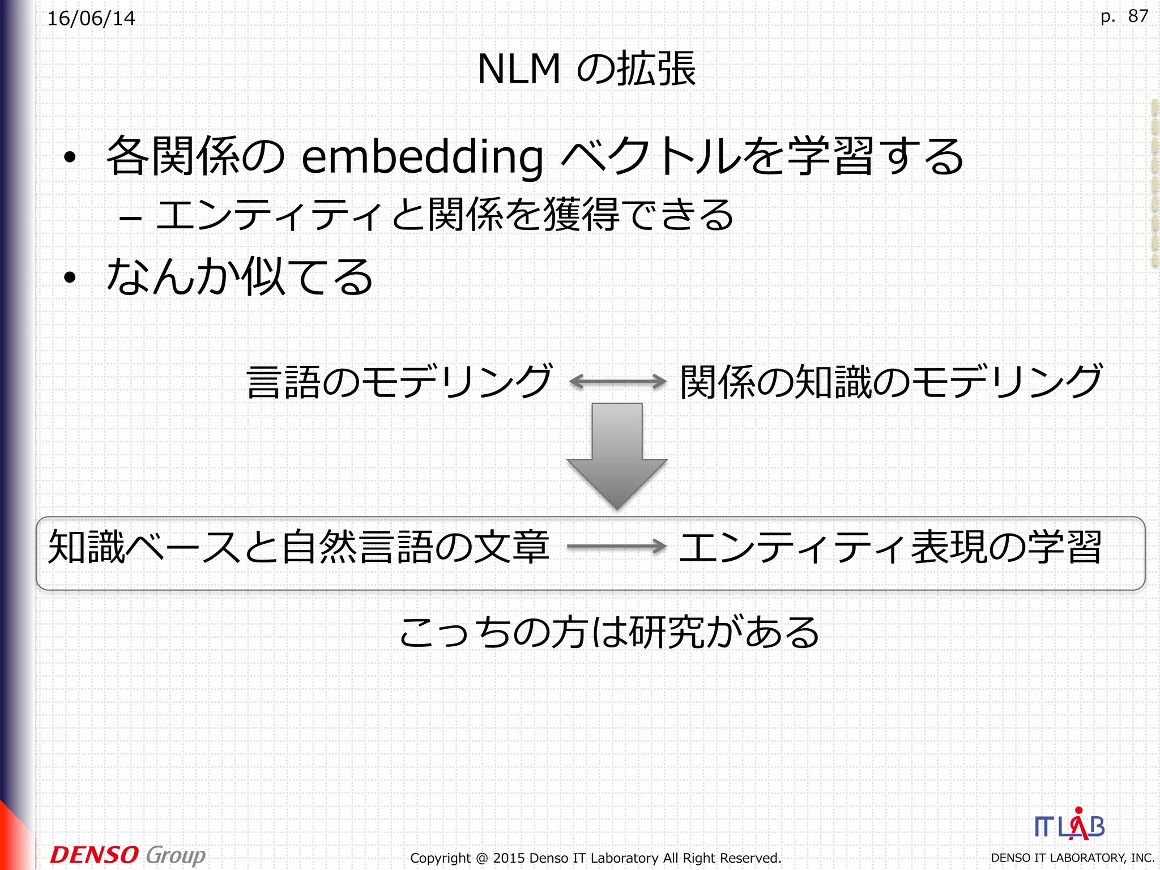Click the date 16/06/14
click(91, 19)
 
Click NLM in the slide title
click(519, 69)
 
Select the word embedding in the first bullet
click(422, 157)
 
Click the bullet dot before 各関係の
click(70, 158)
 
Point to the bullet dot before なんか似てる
click(70, 278)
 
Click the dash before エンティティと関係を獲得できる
click(130, 217)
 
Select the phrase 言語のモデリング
click(399, 381)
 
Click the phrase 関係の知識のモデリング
click(891, 381)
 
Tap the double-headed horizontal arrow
click(617, 381)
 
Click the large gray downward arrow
click(617, 453)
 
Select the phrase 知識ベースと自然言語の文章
click(298, 547)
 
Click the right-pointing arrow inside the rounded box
click(616, 547)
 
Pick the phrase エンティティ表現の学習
click(890, 547)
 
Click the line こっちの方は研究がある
click(609, 632)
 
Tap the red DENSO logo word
click(94, 855)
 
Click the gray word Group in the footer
click(176, 855)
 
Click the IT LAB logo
click(1069, 826)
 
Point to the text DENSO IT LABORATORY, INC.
click(1072, 858)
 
